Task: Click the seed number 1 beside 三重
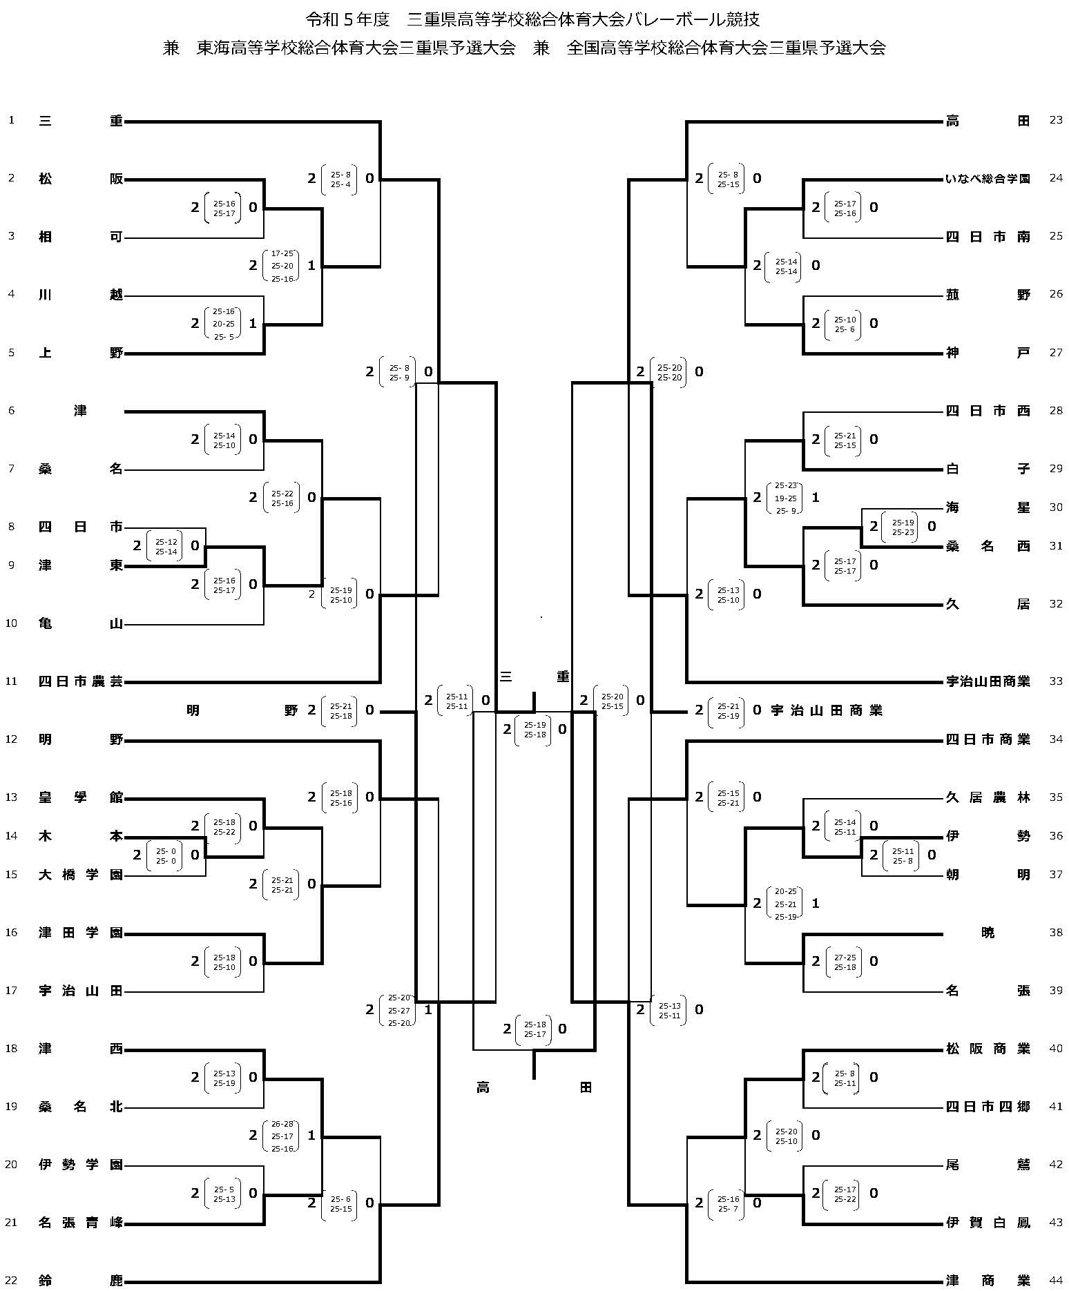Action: pyautogui.click(x=11, y=120)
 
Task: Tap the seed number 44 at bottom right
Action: pyautogui.click(x=1056, y=1281)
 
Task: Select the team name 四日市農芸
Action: pyautogui.click(x=80, y=681)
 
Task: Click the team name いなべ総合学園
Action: pyautogui.click(x=988, y=179)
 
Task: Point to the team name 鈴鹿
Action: pyautogui.click(x=80, y=1281)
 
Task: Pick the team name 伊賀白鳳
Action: pyautogui.click(x=988, y=1223)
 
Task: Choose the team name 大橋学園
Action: pyautogui.click(x=80, y=875)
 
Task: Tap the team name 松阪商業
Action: pyautogui.click(x=988, y=1049)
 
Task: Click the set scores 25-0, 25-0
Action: pyautogui.click(x=166, y=856)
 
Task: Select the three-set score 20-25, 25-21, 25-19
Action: pyautogui.click(x=785, y=904)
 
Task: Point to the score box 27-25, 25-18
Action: pyautogui.click(x=845, y=962)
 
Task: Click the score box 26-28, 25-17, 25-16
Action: pyautogui.click(x=282, y=1136)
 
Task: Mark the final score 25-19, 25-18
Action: pyautogui.click(x=534, y=730)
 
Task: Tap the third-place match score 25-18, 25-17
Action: pyautogui.click(x=534, y=1029)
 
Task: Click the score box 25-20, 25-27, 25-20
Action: pyautogui.click(x=398, y=1010)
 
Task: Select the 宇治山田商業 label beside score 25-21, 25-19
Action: pyautogui.click(x=827, y=710)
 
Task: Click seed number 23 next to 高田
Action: pyautogui.click(x=1056, y=120)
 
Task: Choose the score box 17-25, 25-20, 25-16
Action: pyautogui.click(x=282, y=266)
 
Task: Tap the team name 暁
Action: pyautogui.click(x=988, y=933)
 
